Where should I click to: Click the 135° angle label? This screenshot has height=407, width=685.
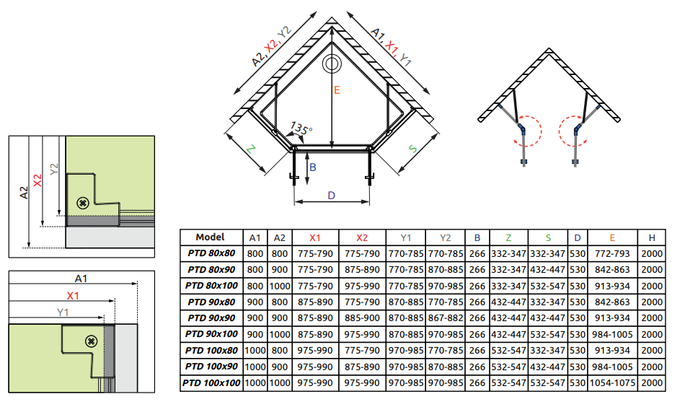click(x=300, y=129)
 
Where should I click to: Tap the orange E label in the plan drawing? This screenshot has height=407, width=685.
click(x=337, y=90)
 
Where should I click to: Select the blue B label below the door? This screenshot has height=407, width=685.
click(x=312, y=167)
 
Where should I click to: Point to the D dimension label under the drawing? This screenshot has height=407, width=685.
click(x=331, y=195)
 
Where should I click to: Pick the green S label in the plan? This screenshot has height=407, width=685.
click(x=412, y=149)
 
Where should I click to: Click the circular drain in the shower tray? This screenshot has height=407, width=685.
click(x=332, y=64)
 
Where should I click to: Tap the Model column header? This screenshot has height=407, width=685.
click(x=210, y=237)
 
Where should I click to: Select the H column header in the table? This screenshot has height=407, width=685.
click(x=652, y=237)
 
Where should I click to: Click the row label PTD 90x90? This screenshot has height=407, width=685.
click(x=211, y=318)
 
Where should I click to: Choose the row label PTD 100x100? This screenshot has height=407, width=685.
click(x=211, y=383)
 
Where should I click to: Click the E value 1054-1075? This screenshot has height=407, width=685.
click(x=612, y=383)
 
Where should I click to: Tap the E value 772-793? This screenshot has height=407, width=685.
click(x=612, y=253)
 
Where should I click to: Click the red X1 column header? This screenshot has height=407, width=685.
click(x=315, y=237)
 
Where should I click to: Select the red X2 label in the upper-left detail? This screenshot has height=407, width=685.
click(x=37, y=180)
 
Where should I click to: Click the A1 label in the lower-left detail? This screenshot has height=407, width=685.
click(x=81, y=279)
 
